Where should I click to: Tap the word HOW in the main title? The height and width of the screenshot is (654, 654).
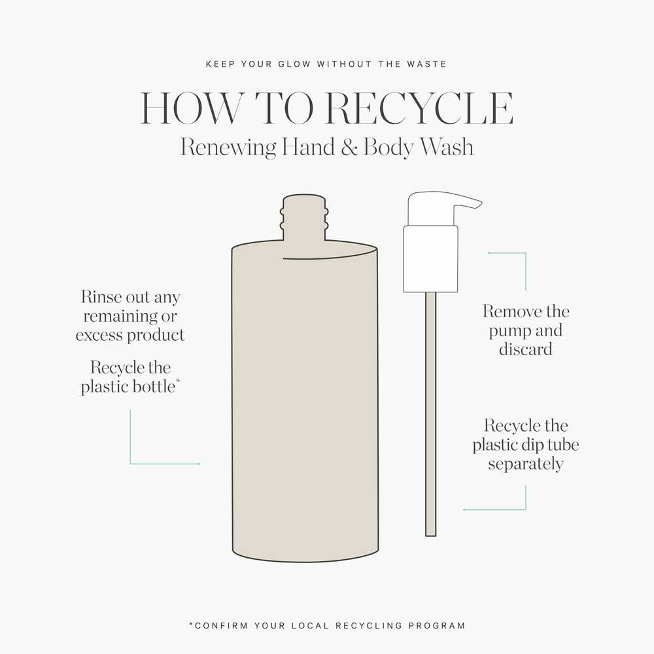[x=191, y=108]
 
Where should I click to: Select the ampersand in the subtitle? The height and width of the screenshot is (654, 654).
[x=349, y=147]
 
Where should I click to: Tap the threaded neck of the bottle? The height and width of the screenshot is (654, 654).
[x=304, y=218]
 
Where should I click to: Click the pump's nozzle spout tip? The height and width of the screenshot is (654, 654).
[x=481, y=203]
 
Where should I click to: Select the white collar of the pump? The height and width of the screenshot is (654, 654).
[x=431, y=258]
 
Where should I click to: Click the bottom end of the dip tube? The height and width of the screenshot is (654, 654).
[x=431, y=536]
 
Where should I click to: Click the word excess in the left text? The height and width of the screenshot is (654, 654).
[x=99, y=336]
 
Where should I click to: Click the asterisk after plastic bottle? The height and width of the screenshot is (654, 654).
[x=178, y=381]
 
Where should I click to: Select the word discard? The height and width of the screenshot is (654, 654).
[x=526, y=349]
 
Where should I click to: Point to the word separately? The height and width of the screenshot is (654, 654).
[x=526, y=464]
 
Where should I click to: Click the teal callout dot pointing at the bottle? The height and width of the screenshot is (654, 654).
[x=199, y=464]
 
